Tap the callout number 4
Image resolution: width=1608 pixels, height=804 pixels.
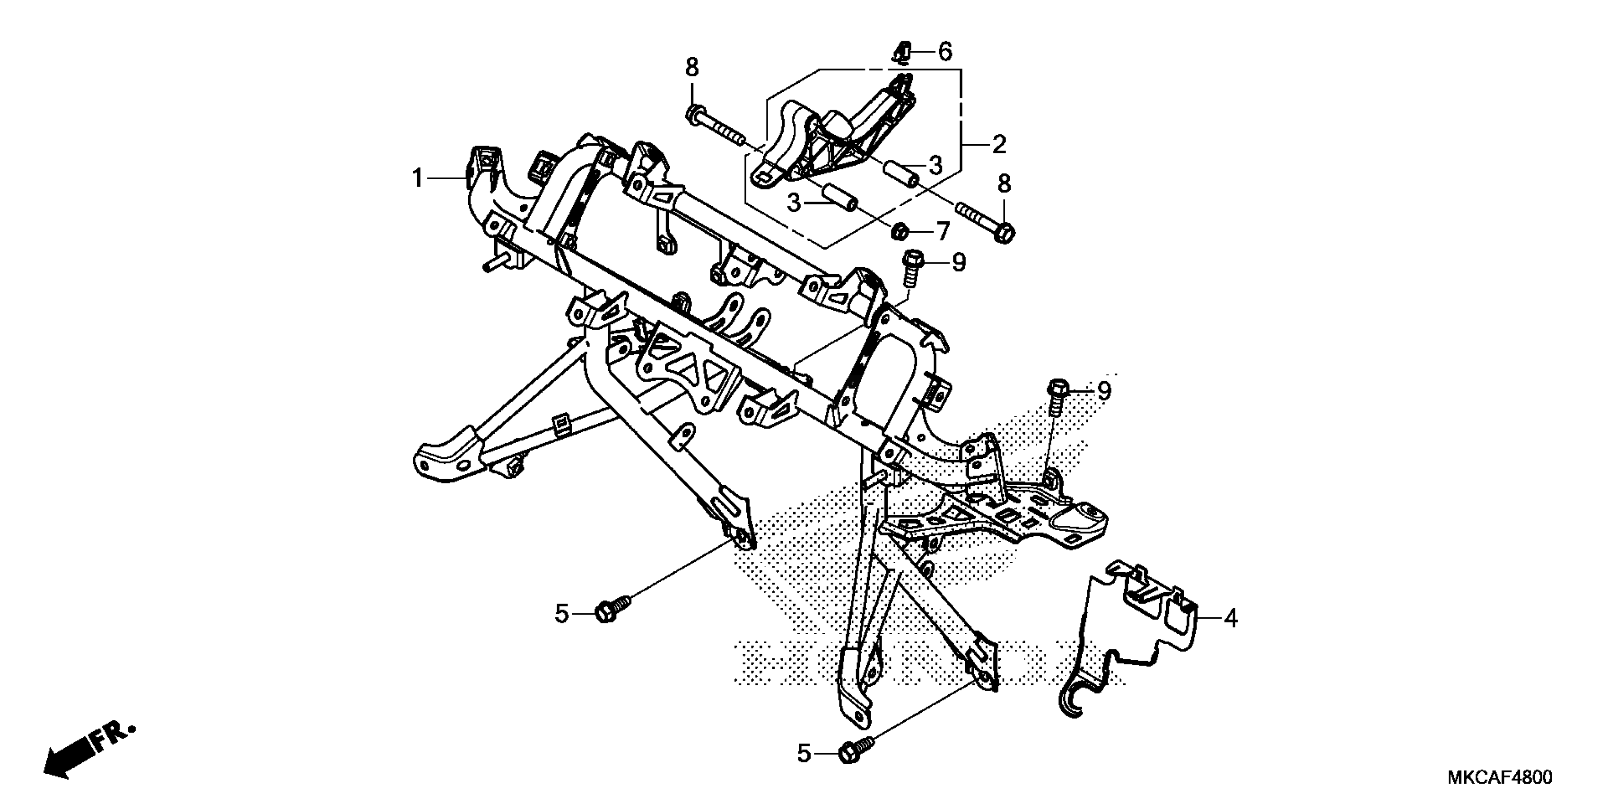click(1230, 619)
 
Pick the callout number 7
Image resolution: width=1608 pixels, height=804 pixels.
click(942, 232)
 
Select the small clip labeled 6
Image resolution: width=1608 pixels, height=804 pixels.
click(902, 53)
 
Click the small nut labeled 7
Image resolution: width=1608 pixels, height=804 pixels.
click(900, 232)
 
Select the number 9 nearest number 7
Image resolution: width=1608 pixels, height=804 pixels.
click(958, 263)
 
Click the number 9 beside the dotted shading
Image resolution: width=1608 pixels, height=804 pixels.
click(1104, 392)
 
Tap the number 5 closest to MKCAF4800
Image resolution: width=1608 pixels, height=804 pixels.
click(804, 754)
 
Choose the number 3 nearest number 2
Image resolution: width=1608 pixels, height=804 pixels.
click(935, 166)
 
